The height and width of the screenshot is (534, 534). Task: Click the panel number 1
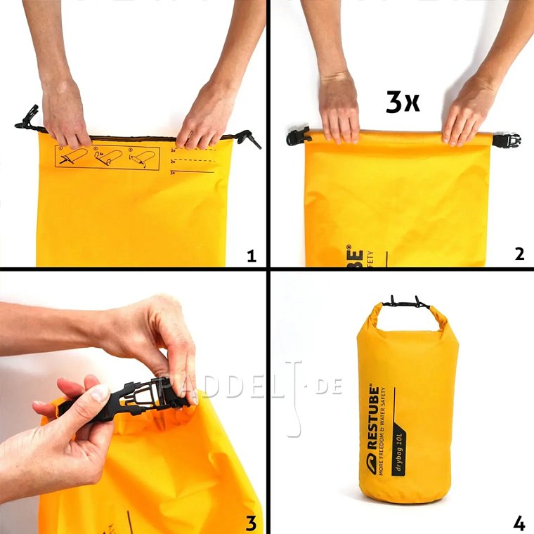(252, 256)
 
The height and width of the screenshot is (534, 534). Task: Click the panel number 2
(519, 254)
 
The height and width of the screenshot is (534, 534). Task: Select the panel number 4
(519, 523)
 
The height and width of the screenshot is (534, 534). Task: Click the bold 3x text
(402, 103)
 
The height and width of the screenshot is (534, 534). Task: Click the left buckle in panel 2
(298, 136)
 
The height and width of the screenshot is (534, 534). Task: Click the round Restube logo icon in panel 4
(375, 461)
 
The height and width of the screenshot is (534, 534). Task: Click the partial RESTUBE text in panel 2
(356, 256)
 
